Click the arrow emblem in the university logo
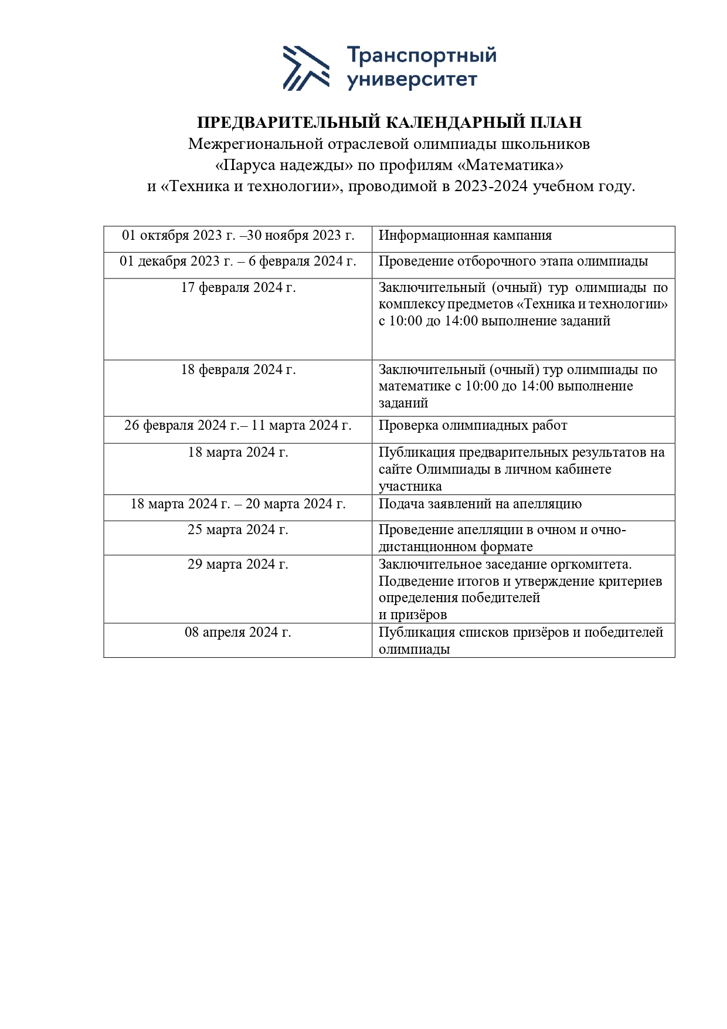tap(305, 68)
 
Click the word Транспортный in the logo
tap(422, 56)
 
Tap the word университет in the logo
tap(412, 80)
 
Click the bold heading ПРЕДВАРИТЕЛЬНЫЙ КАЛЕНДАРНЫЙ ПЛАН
tap(389, 122)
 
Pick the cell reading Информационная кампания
tap(465, 236)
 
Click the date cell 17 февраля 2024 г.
tap(238, 288)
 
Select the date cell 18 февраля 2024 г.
tap(238, 370)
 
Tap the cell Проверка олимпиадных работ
tap(473, 426)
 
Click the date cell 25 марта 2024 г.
tap(238, 530)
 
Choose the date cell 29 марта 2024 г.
tap(238, 564)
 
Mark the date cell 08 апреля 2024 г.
tap(238, 633)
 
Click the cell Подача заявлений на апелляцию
tap(480, 504)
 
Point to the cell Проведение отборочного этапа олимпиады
tap(513, 262)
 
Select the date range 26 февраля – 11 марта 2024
tap(238, 426)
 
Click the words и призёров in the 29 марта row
tap(413, 615)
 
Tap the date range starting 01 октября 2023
tap(238, 236)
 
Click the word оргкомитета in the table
tap(591, 564)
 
